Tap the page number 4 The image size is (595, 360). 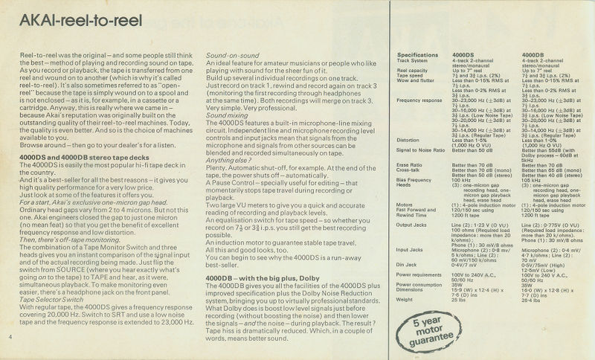point(10,339)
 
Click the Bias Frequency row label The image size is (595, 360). point(416,179)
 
